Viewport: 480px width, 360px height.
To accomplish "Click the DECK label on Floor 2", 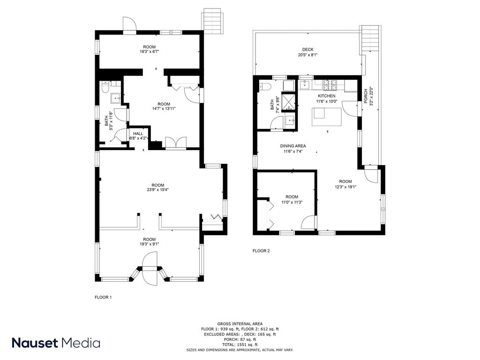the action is pos(307,50).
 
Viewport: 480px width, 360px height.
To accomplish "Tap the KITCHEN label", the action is pos(326,96).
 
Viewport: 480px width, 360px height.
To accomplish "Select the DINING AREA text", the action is pos(293,146).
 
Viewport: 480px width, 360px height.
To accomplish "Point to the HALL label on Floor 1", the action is pos(138,134).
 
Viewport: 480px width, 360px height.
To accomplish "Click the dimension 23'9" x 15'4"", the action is pos(157,190).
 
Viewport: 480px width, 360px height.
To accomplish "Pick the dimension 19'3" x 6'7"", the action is pos(150,52).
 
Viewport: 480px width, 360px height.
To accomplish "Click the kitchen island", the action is pos(327,117).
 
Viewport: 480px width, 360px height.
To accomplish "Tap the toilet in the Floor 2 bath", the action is pos(264,87).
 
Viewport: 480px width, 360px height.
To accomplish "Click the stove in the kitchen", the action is pos(330,85).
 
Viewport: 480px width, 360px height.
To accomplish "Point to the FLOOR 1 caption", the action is pos(103,297).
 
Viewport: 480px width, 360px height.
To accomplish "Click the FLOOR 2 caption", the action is pos(261,251).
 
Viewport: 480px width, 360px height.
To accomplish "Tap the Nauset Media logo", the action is pos(56,343).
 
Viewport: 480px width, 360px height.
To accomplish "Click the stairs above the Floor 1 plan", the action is pos(210,21).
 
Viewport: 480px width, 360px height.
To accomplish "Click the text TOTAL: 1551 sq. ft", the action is pos(240,345).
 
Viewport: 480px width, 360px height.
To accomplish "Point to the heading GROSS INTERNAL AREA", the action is pos(240,324).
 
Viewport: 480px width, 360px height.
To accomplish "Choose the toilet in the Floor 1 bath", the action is pos(105,87).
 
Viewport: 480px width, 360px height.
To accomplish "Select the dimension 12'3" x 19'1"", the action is pos(345,187).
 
